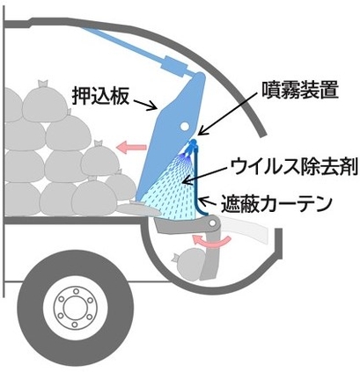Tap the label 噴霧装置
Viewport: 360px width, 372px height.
(x=300, y=90)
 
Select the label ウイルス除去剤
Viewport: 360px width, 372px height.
(x=294, y=167)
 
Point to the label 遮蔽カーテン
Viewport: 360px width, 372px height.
(x=276, y=204)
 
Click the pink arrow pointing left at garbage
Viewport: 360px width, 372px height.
(x=131, y=147)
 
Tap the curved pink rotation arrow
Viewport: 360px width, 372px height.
(x=211, y=241)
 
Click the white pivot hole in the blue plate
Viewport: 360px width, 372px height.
(x=185, y=127)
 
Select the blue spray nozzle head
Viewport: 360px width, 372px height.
(x=191, y=148)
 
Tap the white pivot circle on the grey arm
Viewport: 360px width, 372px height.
(x=212, y=223)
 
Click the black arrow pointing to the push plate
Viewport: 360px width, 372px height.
(x=145, y=105)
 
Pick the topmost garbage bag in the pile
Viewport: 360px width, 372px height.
(x=45, y=102)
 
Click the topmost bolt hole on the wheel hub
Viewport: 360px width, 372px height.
(x=76, y=291)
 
